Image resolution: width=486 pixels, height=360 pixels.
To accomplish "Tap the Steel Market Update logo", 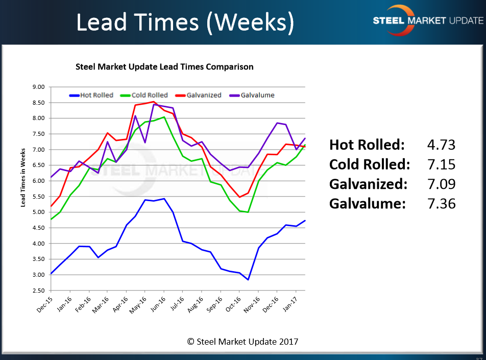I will pos(427,20).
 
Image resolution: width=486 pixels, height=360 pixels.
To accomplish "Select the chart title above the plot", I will pos(164,67).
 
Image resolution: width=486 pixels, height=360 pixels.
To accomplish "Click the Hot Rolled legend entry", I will pos(91,95).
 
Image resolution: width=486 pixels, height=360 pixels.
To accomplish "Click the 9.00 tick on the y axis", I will pos(38,87).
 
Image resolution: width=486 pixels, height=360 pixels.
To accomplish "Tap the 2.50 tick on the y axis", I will pos(38,291).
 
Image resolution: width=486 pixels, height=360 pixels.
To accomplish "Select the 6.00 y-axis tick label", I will pos(38,181).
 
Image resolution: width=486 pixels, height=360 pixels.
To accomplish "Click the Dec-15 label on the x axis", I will pos(44,304).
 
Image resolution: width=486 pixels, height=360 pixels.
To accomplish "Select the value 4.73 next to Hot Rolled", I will pos(441,145).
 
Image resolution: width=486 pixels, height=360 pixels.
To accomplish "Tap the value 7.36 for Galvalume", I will pos(441,204).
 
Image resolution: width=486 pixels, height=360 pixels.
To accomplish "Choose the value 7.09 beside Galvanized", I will pos(441,184).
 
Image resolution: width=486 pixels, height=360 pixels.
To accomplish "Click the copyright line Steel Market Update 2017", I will pos(242,342).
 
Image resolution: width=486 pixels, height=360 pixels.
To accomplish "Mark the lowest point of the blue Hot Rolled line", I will pos(248,280).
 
